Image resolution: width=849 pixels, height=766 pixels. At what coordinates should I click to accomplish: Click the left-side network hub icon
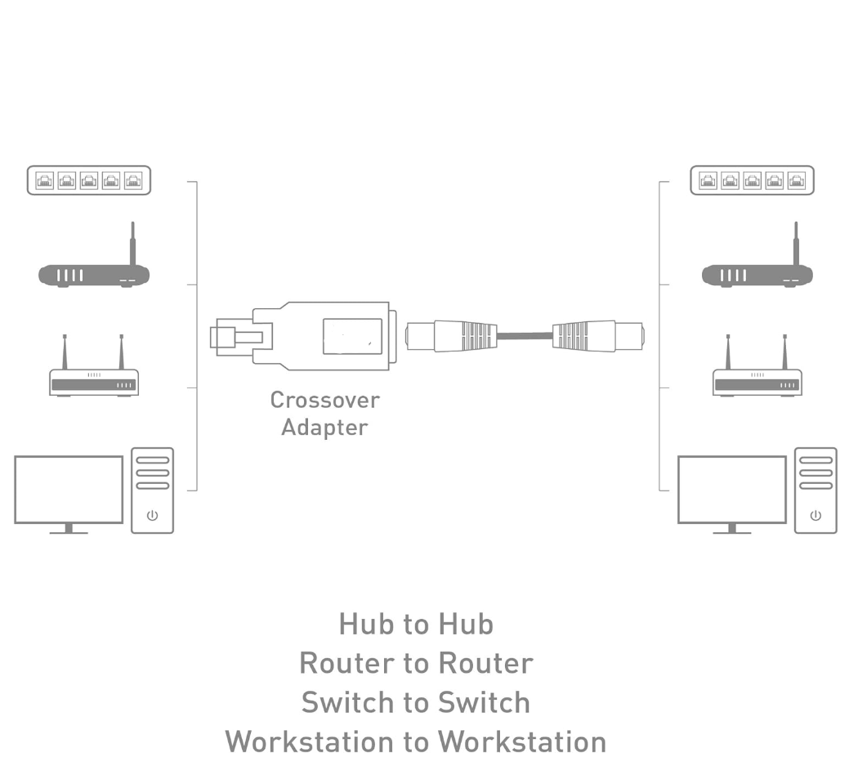click(89, 180)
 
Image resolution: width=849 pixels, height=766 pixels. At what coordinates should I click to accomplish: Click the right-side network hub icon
click(752, 180)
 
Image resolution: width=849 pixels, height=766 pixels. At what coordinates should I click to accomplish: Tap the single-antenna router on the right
click(757, 275)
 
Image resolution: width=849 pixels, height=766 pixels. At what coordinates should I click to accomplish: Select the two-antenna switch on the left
click(93, 380)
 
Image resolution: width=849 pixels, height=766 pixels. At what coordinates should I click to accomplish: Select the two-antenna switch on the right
click(757, 380)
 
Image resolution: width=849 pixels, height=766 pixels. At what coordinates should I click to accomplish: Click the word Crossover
click(324, 401)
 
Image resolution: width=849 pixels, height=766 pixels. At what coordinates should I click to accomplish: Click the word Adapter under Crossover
click(324, 428)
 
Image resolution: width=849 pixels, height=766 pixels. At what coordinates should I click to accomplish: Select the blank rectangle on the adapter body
click(351, 336)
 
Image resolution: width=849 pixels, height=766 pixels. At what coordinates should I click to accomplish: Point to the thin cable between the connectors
click(524, 335)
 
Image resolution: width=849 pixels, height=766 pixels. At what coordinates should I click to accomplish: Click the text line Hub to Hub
click(416, 625)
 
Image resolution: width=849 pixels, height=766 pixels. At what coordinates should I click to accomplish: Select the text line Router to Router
click(416, 663)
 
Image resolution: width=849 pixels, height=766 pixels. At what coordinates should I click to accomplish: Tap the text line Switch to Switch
click(416, 702)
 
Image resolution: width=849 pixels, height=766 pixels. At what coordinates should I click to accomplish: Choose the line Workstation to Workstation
click(416, 741)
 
